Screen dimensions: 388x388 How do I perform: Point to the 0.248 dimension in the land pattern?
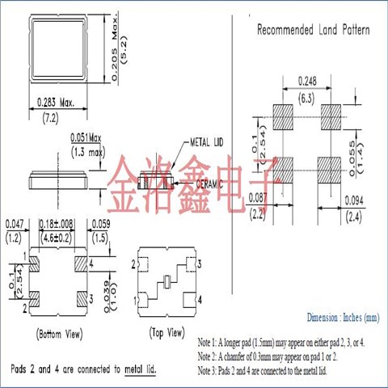click(x=307, y=81)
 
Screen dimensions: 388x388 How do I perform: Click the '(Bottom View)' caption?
click(x=57, y=333)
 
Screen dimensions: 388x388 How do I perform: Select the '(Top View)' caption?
click(x=167, y=333)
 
